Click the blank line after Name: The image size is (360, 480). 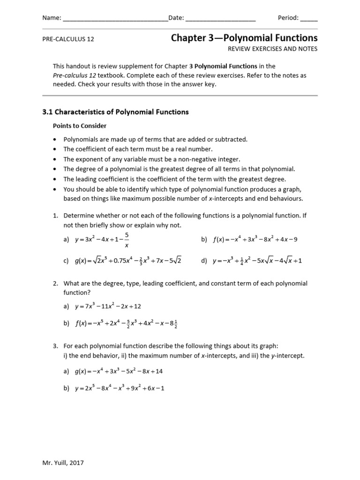click(x=115, y=19)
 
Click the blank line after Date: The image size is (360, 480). click(x=221, y=19)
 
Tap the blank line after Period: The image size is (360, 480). click(x=308, y=19)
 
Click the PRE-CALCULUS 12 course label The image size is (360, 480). click(x=68, y=39)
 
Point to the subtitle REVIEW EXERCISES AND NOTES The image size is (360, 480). click(x=272, y=49)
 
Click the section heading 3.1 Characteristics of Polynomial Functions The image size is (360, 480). click(x=115, y=112)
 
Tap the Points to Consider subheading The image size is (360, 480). click(x=79, y=126)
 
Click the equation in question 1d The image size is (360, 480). click(x=257, y=261)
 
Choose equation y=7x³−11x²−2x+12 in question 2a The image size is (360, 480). click(x=108, y=306)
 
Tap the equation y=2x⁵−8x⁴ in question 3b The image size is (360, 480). click(x=120, y=388)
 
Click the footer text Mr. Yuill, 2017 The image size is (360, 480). click(x=63, y=463)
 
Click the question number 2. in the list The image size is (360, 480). click(x=55, y=284)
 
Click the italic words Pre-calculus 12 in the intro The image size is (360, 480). click(x=74, y=75)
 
